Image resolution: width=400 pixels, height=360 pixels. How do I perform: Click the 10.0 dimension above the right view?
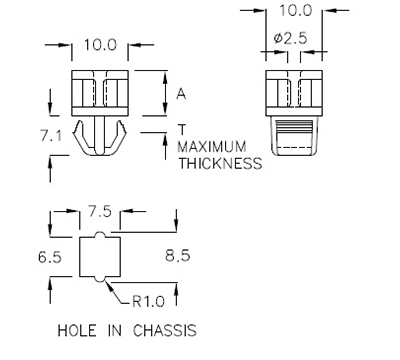point(295,10)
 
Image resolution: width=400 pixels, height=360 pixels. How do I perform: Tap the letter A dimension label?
point(182,94)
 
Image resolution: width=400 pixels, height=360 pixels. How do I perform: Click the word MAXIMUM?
point(217,146)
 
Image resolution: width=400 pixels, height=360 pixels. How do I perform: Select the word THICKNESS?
point(220,163)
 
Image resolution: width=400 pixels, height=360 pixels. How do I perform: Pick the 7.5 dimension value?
point(98,211)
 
